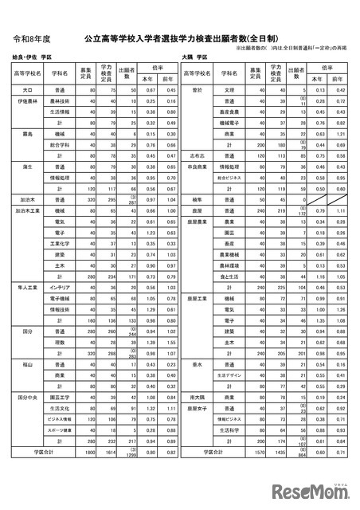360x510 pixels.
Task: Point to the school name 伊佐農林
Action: (x=29, y=102)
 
